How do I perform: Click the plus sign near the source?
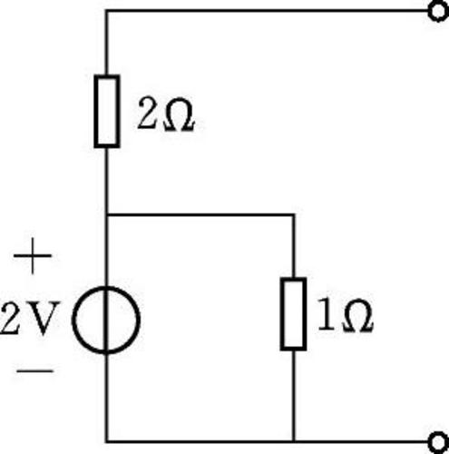[x=33, y=256]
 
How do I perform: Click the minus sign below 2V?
[x=34, y=370]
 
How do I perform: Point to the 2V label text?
[x=30, y=318]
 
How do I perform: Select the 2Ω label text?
[x=165, y=114]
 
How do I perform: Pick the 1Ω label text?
[x=346, y=315]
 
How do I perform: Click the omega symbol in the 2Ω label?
[x=179, y=114]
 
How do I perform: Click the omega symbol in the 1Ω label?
[x=357, y=316]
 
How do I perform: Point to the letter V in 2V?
[x=44, y=318]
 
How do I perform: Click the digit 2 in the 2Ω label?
[x=148, y=113]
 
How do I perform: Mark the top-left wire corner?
[x=106, y=11]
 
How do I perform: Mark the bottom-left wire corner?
[x=106, y=442]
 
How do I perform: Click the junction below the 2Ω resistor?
[x=106, y=215]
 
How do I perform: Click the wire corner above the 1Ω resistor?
[x=294, y=215]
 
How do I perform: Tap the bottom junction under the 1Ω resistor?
[x=294, y=442]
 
